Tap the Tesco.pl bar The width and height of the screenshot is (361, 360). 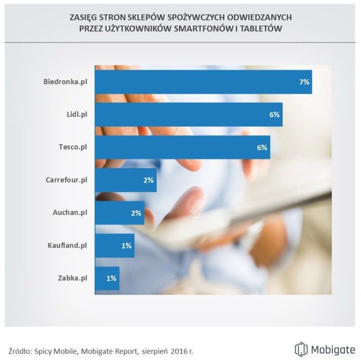pos(182,147)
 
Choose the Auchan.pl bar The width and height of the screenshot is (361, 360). pos(120,213)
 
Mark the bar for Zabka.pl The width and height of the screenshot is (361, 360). pos(107,278)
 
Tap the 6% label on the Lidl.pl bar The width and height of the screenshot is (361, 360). pos(274,115)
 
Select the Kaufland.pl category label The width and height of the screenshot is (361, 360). pos(66,245)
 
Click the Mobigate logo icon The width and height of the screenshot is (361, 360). pos(300,349)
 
